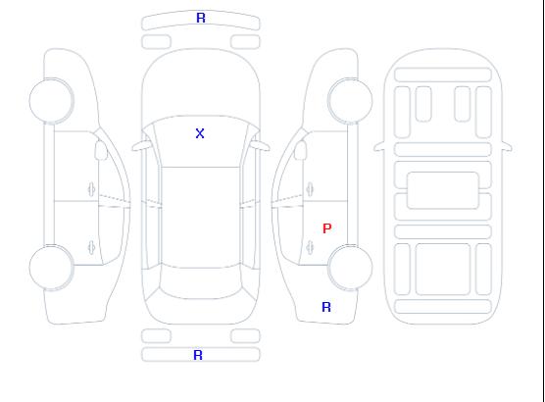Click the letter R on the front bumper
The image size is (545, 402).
pyautogui.click(x=201, y=18)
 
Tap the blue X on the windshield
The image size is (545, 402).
pyautogui.click(x=200, y=133)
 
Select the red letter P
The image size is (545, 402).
pyautogui.click(x=327, y=228)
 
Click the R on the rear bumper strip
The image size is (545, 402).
pyautogui.click(x=198, y=355)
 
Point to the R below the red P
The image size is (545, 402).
pyautogui.click(x=326, y=307)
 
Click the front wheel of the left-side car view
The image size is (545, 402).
pyautogui.click(x=51, y=101)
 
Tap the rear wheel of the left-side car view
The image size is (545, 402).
pyautogui.click(x=51, y=268)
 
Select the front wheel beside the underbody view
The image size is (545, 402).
pyautogui.click(x=350, y=101)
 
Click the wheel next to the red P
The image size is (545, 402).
pyautogui.click(x=350, y=267)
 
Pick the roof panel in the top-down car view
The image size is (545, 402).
pyautogui.click(x=201, y=218)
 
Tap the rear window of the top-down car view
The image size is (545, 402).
pyautogui.click(x=201, y=283)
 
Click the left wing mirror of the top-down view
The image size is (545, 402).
pyautogui.click(x=140, y=146)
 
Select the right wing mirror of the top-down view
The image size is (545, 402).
pyautogui.click(x=261, y=146)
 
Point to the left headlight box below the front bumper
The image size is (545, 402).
pyautogui.click(x=157, y=42)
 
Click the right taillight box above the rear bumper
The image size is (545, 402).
pyautogui.click(x=245, y=336)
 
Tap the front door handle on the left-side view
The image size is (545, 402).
pyautogui.click(x=92, y=189)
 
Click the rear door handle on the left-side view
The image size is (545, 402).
pyautogui.click(x=92, y=247)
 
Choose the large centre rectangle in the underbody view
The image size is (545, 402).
pyautogui.click(x=443, y=190)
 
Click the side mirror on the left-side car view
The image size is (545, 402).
pyautogui.click(x=101, y=150)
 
